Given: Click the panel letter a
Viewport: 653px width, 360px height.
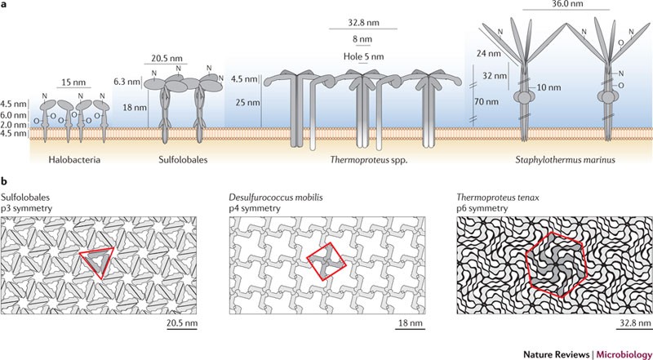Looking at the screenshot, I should pos(6,7).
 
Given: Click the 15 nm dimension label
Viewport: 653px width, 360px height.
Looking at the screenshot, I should pos(70,82).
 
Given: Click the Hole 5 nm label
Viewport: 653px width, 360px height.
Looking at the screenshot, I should pos(362,62).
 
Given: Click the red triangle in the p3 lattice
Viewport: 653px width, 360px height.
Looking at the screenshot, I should pos(99,263).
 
